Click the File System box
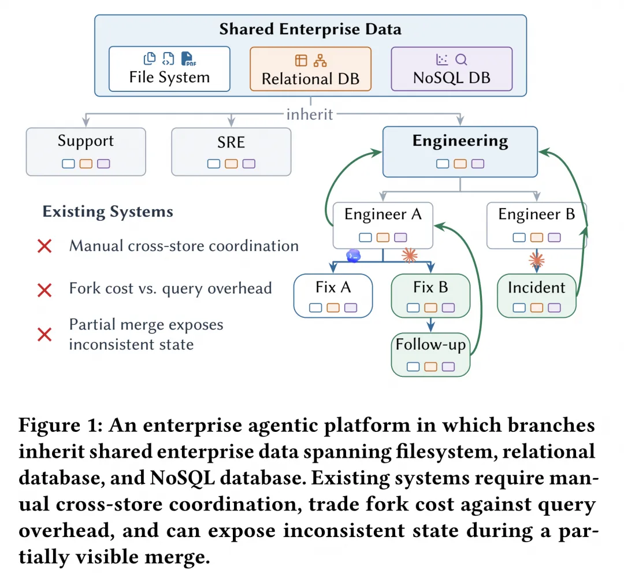(169, 69)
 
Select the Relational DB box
(310, 69)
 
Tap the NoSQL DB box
(452, 69)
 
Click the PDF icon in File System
(188, 58)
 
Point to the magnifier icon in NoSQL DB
(461, 60)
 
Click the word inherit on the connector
(310, 114)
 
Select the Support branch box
(86, 151)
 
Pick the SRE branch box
(231, 151)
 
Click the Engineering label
(460, 140)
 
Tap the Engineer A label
(383, 214)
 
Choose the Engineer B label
(536, 214)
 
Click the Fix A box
(333, 295)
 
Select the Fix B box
(430, 295)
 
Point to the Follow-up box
(430, 355)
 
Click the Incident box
(536, 295)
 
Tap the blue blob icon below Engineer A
(354, 256)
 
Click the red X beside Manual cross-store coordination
(44, 246)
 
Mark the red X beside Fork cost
(44, 290)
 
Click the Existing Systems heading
(108, 212)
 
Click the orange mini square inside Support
(86, 164)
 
